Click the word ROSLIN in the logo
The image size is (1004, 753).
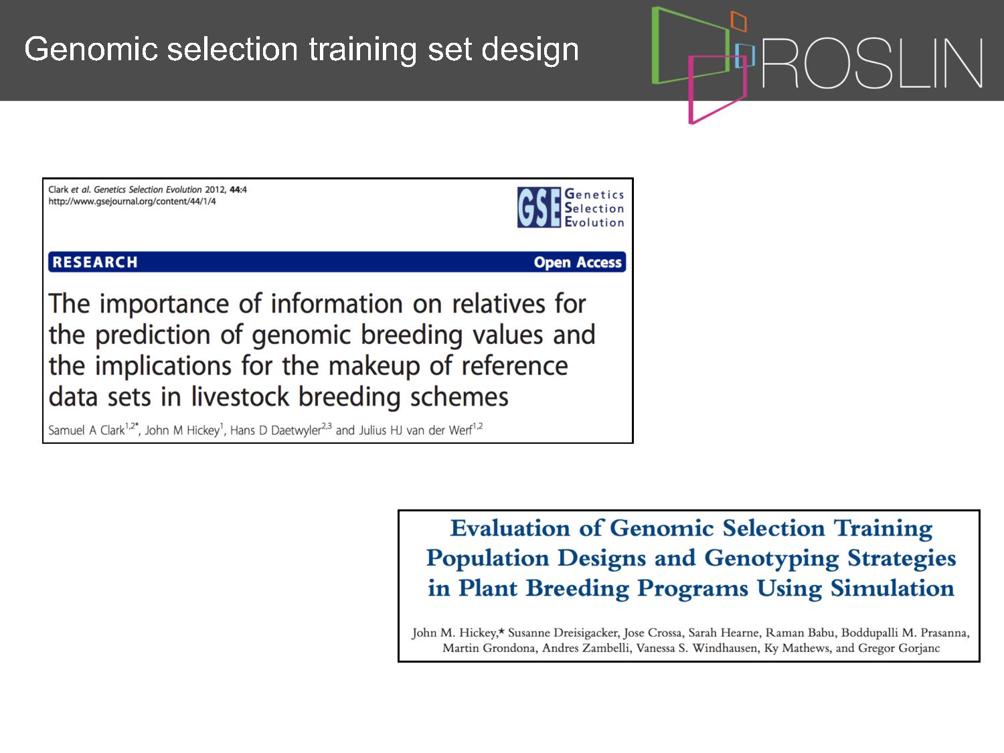872,63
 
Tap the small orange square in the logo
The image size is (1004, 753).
739,21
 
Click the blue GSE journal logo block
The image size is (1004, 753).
539,207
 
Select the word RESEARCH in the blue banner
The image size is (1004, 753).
94,262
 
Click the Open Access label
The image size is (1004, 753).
578,262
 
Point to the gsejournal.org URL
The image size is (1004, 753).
132,201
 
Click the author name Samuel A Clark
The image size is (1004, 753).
86,430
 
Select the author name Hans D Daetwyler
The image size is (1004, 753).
275,430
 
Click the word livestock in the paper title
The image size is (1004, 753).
240,396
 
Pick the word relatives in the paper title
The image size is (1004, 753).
499,304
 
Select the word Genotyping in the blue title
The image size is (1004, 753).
772,559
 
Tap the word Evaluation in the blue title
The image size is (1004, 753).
510,528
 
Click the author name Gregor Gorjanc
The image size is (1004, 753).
899,648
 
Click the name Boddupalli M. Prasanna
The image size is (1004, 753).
905,633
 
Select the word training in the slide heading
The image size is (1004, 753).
363,50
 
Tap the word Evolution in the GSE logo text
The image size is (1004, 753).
594,222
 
